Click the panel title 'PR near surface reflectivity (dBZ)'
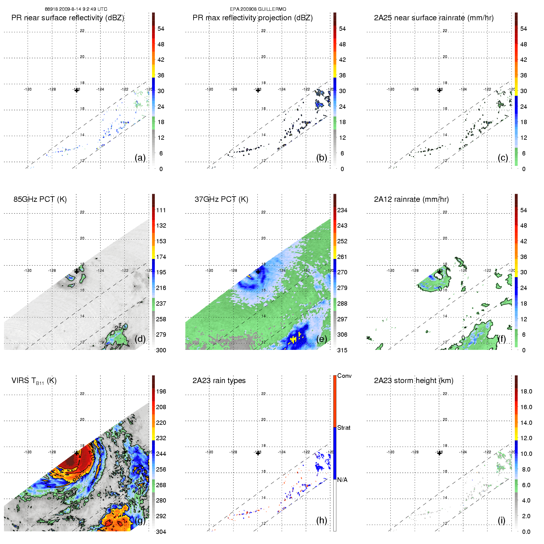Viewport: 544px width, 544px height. point(68,18)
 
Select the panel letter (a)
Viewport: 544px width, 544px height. point(140,158)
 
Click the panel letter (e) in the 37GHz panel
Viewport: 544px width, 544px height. point(322,339)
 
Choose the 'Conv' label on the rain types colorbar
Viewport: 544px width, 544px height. point(344,376)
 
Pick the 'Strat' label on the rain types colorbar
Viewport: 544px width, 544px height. point(344,428)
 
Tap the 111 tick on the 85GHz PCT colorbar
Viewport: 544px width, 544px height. point(161,210)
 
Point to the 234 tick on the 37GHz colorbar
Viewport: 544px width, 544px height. point(342,210)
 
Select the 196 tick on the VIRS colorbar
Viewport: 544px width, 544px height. point(161,391)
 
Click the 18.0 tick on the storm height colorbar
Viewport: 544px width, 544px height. point(526,391)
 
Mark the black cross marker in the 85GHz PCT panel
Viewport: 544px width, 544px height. point(76,271)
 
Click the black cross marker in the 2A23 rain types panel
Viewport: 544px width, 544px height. point(258,453)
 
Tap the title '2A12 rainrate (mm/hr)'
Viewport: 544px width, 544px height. point(411,199)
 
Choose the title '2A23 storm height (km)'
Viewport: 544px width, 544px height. point(413,381)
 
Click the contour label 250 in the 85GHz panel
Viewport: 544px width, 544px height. point(120,328)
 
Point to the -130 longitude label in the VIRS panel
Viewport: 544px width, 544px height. point(28,452)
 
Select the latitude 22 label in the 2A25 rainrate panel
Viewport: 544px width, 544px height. point(445,31)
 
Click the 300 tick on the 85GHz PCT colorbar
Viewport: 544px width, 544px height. point(161,350)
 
